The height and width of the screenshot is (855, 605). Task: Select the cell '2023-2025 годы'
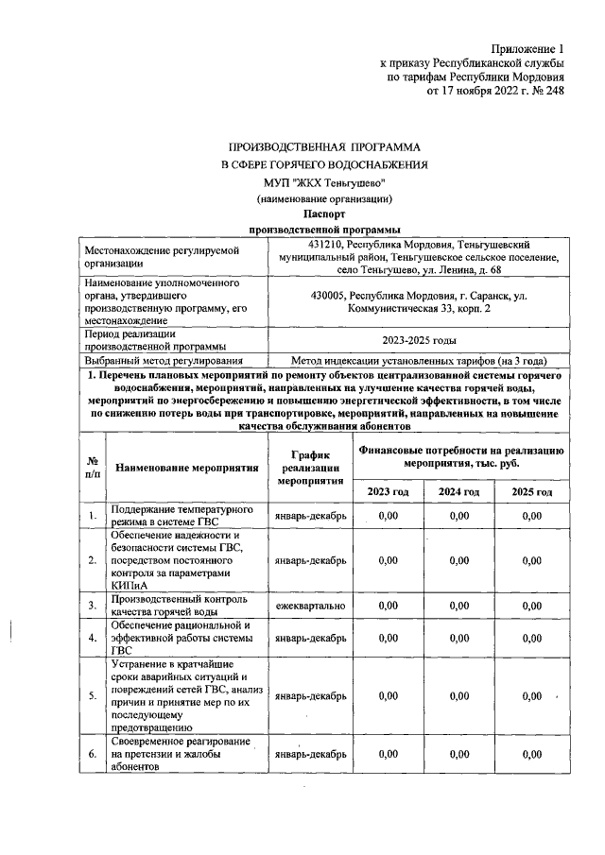[x=419, y=341]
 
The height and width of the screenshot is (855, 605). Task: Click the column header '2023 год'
[x=388, y=492]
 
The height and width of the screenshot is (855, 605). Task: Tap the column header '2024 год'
[x=460, y=492]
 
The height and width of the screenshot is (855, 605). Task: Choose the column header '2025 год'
[x=531, y=492]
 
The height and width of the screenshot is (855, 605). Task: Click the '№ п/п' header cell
[x=93, y=467]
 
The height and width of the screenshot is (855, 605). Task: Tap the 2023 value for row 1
[x=388, y=516]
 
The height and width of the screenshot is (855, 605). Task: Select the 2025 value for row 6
[x=531, y=755]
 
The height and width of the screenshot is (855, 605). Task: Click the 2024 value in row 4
[x=460, y=638]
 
